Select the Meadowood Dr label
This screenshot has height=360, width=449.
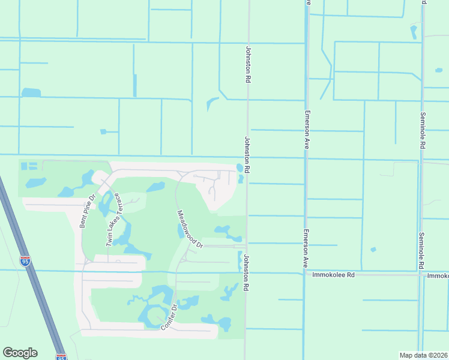[190, 229]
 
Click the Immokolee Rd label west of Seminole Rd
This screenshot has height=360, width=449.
[334, 275]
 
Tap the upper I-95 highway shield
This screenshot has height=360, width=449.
[25, 261]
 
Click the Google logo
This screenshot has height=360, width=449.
[20, 353]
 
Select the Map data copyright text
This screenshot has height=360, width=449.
[423, 355]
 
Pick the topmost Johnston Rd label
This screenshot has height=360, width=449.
[247, 64]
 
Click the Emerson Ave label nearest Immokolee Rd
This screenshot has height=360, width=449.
[306, 248]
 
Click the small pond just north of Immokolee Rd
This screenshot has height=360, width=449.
[373, 250]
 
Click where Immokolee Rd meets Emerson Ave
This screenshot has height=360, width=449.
[305, 274]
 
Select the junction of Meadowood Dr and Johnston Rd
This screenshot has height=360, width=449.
[246, 245]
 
